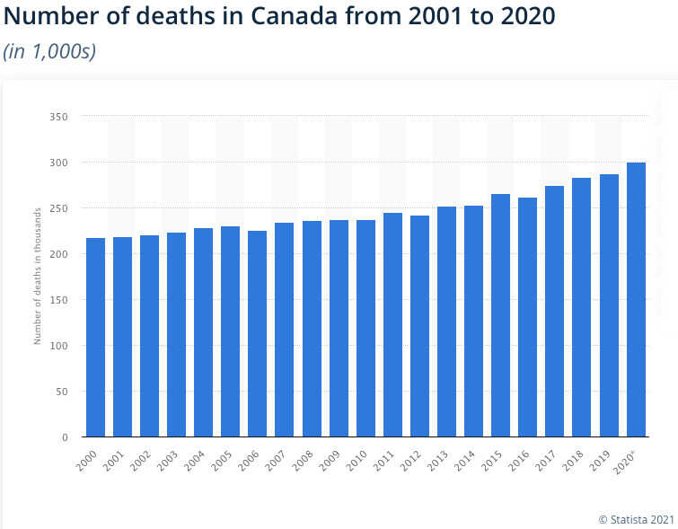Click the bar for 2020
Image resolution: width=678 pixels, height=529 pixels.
pyautogui.click(x=636, y=300)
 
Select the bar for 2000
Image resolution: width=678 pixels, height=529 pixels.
pyautogui.click(x=95, y=338)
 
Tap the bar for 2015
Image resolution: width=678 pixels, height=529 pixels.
pyautogui.click(x=500, y=315)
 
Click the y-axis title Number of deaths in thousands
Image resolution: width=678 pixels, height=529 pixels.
pyautogui.click(x=38, y=277)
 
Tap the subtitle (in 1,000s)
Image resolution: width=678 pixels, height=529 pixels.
pyautogui.click(x=50, y=51)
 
